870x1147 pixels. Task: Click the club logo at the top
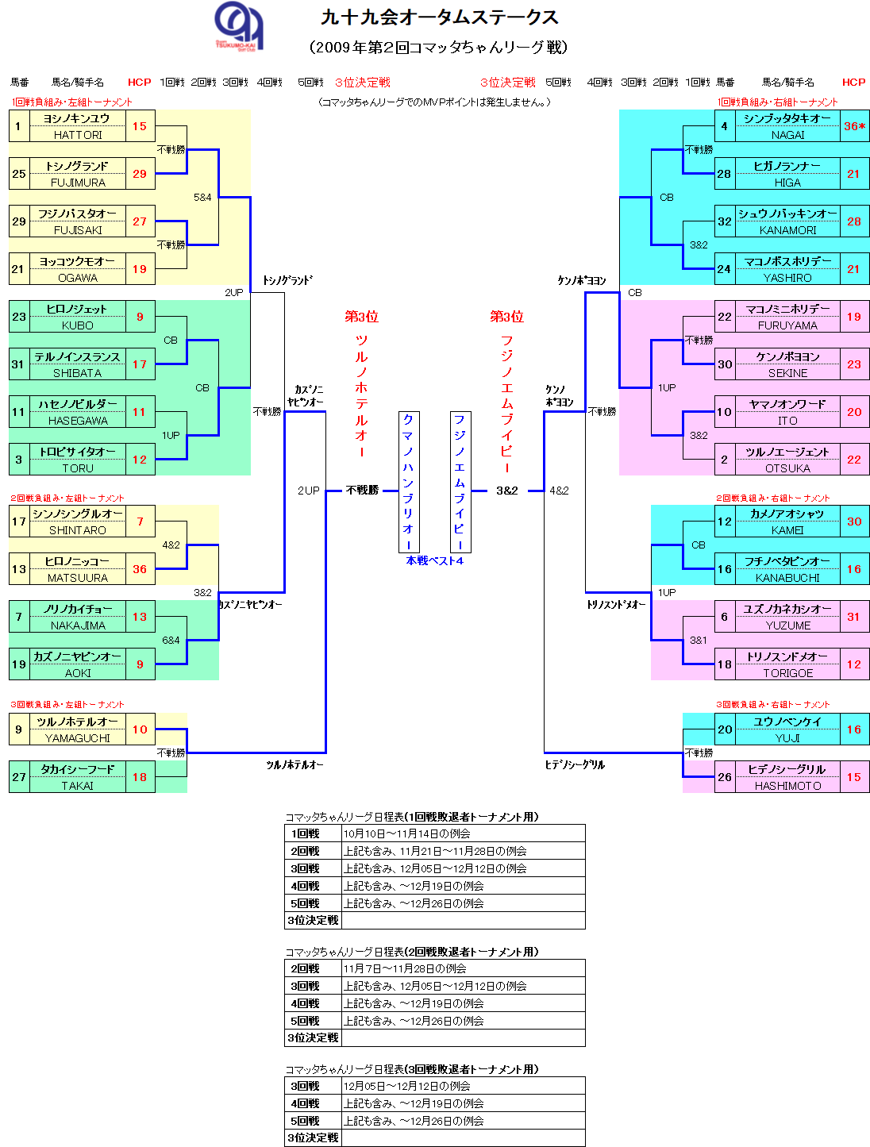[x=238, y=26]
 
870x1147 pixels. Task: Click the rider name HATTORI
[x=78, y=135]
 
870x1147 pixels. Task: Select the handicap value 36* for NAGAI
[x=854, y=126]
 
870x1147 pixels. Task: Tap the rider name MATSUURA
[x=78, y=578]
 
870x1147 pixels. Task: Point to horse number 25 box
[x=19, y=174]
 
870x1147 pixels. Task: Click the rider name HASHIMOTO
[x=787, y=786]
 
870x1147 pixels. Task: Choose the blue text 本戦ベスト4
[x=434, y=560]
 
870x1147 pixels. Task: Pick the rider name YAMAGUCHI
[x=78, y=738]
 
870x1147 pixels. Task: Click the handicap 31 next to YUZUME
[x=853, y=617]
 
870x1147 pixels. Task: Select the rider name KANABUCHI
[x=787, y=578]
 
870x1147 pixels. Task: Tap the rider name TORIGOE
[x=787, y=673]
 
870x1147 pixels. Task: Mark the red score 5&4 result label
[x=202, y=197]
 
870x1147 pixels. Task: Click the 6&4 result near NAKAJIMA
[x=171, y=640]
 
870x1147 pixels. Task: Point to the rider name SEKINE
[x=787, y=373]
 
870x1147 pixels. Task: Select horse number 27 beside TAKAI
[x=19, y=777]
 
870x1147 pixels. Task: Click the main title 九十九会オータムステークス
[x=439, y=17]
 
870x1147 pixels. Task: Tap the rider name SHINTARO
[x=78, y=530]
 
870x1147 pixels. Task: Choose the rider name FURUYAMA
[x=787, y=325]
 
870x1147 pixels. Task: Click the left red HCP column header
[x=139, y=82]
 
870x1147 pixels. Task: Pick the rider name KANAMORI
[x=787, y=230]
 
